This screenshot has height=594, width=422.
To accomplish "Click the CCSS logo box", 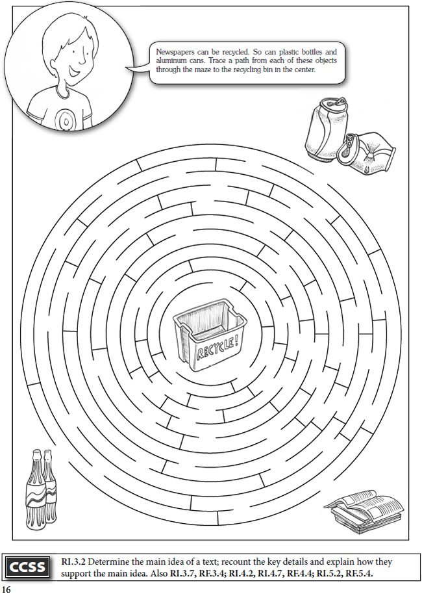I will [x=27, y=567].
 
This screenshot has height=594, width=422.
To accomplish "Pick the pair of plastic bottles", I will [x=41, y=487].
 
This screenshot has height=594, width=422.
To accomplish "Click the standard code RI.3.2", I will [x=71, y=562].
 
